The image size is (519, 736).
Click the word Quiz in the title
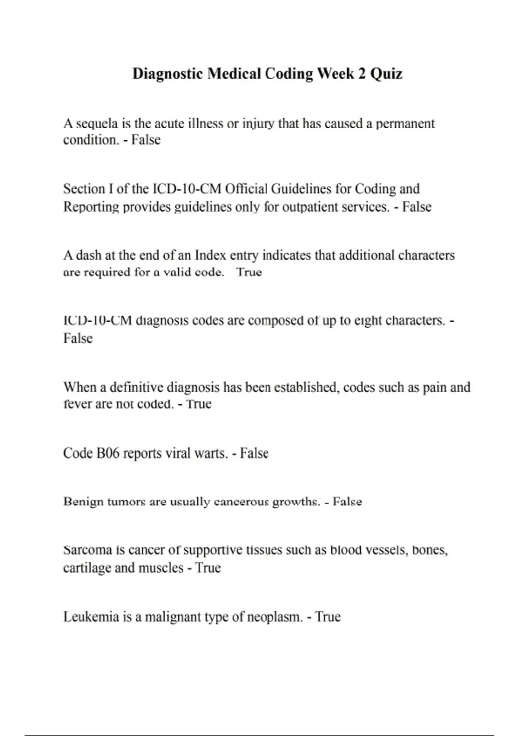click(387, 74)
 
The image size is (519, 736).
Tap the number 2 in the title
click(361, 74)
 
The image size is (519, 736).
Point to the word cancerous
click(240, 502)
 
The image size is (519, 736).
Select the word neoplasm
click(274, 617)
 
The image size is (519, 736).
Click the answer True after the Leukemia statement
click(328, 617)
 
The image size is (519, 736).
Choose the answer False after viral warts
click(254, 453)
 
